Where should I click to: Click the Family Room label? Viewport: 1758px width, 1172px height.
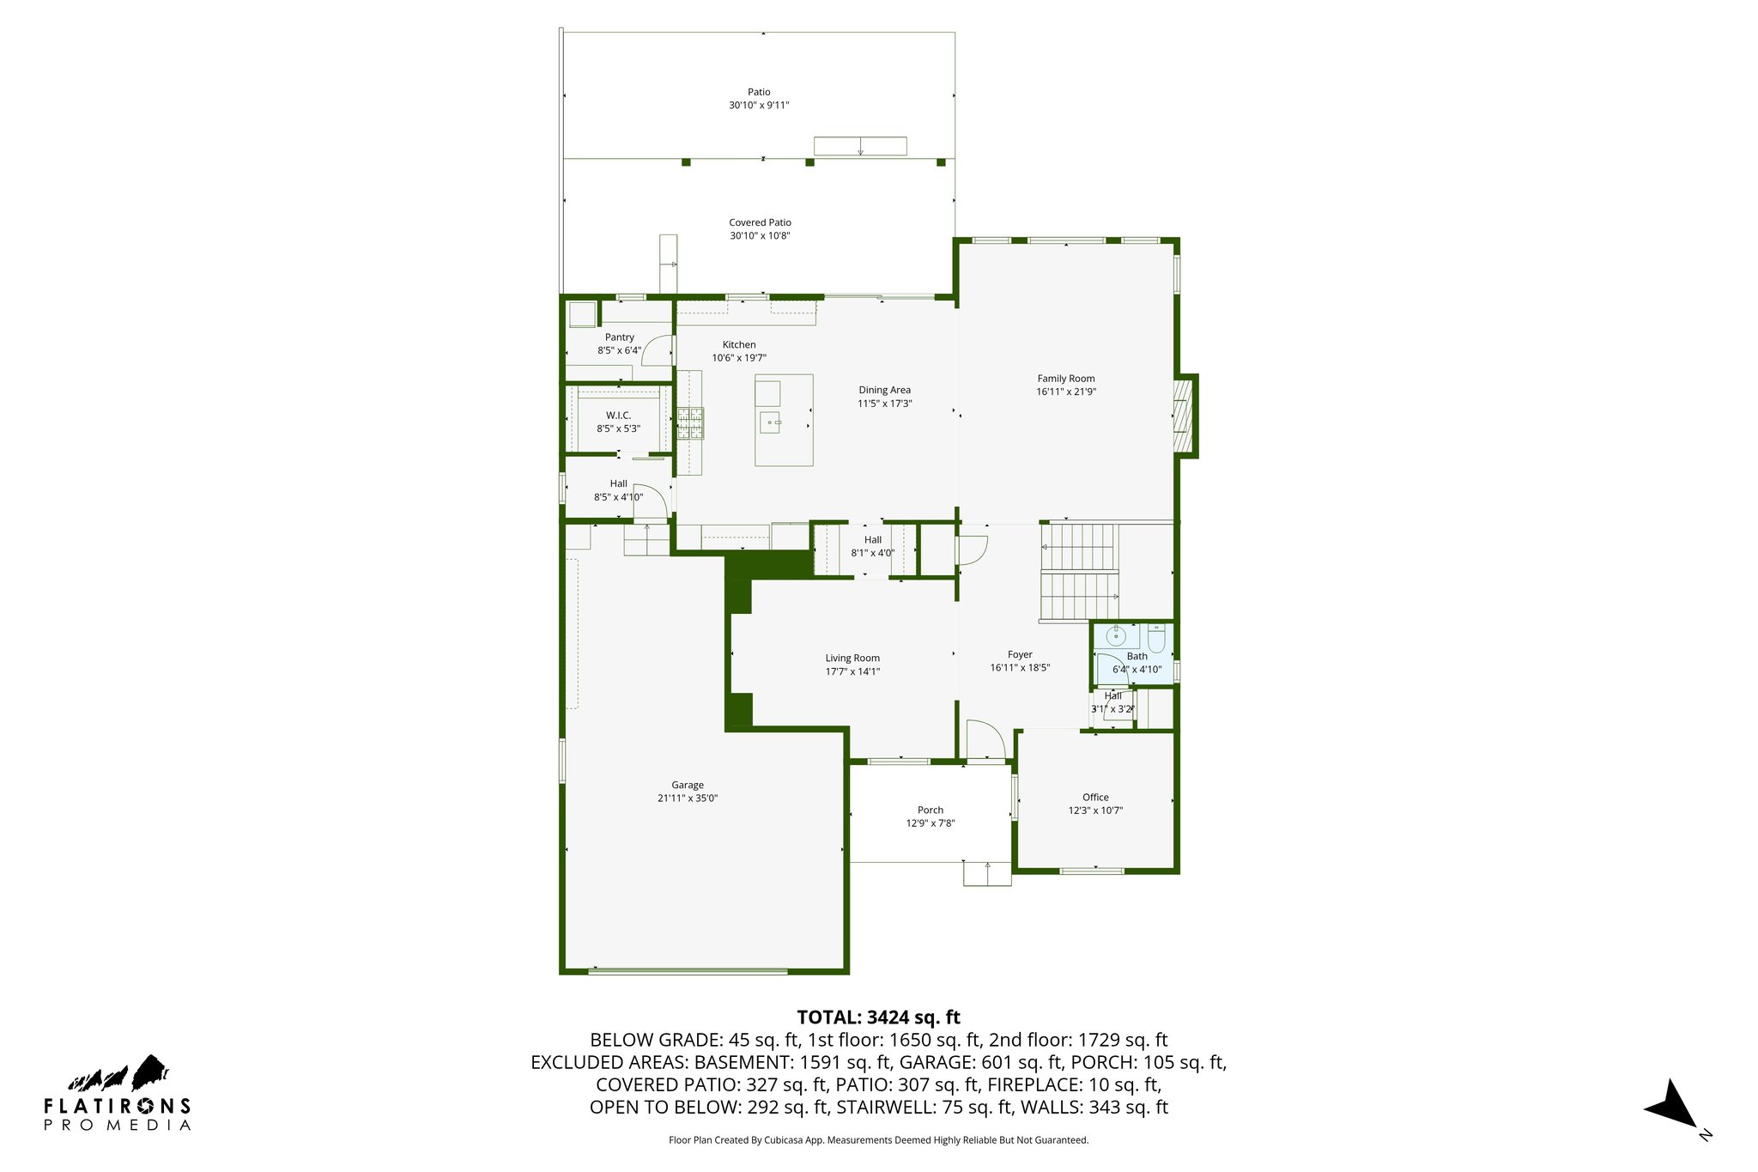[x=1065, y=379]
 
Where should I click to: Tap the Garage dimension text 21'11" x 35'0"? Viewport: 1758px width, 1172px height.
[x=688, y=799]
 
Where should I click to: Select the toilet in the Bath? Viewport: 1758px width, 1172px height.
[x=1156, y=637]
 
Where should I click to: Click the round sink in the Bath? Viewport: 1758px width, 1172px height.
[x=1116, y=636]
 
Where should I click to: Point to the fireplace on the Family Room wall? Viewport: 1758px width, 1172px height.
[x=1183, y=416]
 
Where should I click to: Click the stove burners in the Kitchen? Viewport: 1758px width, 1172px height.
[x=690, y=423]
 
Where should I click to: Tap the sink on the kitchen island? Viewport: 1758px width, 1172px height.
[x=770, y=422]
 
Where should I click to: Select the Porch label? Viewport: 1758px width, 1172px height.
[x=931, y=810]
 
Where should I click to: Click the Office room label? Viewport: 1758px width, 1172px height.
[x=1095, y=797]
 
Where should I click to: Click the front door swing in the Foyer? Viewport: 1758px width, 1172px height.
[x=986, y=739]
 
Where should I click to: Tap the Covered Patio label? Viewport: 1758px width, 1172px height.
[x=760, y=222]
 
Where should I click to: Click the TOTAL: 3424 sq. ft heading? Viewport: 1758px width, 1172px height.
[x=878, y=1017]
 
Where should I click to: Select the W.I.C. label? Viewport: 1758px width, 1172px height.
[x=618, y=416]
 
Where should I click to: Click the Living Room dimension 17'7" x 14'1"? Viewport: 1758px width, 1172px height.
[x=852, y=671]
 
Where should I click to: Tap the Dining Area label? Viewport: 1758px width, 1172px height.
[x=884, y=390]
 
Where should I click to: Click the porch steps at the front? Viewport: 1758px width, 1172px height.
[x=986, y=873]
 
